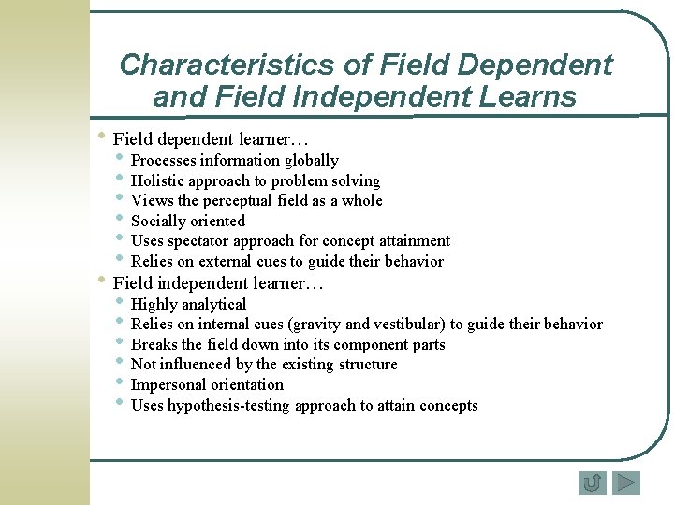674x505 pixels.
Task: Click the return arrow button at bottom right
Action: click(592, 483)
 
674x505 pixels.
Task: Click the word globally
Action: click(312, 161)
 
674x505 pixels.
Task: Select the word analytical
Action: click(213, 305)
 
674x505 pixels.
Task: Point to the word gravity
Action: click(317, 325)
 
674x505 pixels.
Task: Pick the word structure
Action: click(365, 365)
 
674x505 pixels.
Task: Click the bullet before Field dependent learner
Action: click(101, 137)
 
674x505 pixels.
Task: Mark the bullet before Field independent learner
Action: click(101, 280)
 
